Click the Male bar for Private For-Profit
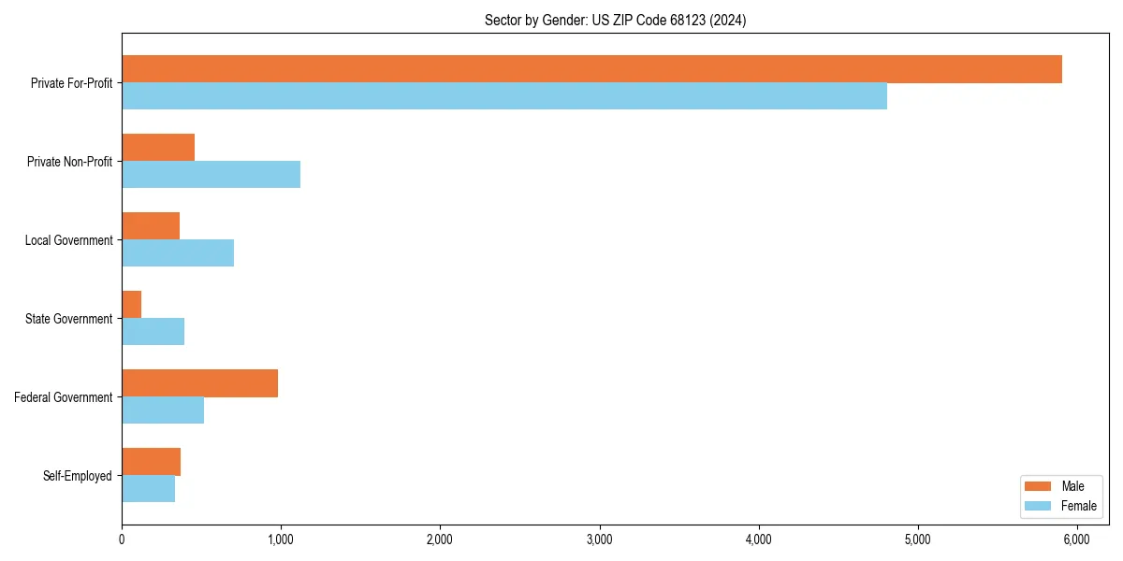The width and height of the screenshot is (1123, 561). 591,69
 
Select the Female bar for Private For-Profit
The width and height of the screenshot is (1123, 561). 504,95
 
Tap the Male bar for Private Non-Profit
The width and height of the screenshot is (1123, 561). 158,148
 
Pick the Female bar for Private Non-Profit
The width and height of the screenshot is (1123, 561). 211,174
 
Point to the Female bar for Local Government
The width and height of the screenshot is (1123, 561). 178,252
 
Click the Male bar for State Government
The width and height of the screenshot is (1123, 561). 132,305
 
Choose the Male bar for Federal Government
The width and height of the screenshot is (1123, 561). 199,383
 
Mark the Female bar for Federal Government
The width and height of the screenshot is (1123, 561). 163,410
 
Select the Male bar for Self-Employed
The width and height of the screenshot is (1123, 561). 151,462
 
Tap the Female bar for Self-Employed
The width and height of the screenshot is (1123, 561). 148,488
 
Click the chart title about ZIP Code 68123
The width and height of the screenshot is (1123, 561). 615,20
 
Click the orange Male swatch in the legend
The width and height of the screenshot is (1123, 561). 1038,486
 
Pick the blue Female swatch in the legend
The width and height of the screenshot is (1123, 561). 1038,506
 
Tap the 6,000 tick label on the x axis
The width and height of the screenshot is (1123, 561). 1076,539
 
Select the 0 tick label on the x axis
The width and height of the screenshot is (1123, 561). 122,539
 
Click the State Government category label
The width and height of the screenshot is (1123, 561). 69,319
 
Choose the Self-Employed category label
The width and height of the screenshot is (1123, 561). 78,476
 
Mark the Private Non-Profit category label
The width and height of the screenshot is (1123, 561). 69,162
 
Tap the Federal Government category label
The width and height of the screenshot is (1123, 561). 64,397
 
